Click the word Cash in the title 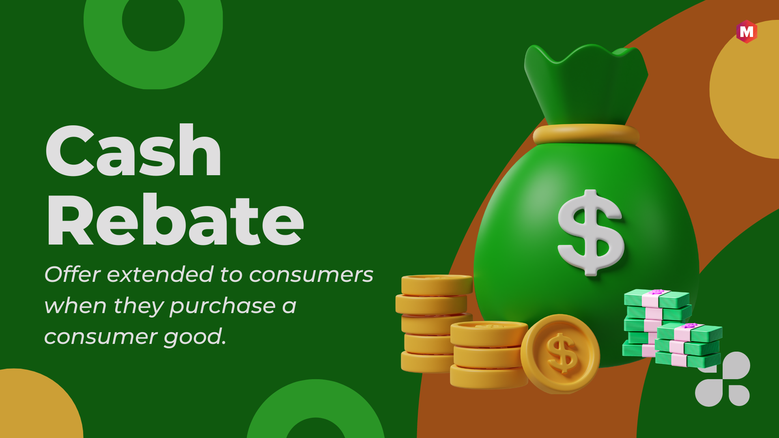tap(133, 150)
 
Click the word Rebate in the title tap(175, 219)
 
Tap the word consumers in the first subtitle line tap(311, 275)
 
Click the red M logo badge tap(747, 32)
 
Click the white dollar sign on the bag tap(590, 233)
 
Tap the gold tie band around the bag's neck tap(586, 134)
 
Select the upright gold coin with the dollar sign tap(560, 354)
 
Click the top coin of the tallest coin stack tap(437, 285)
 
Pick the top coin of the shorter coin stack tap(489, 333)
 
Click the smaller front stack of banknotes tap(689, 345)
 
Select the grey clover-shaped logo tap(723, 379)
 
